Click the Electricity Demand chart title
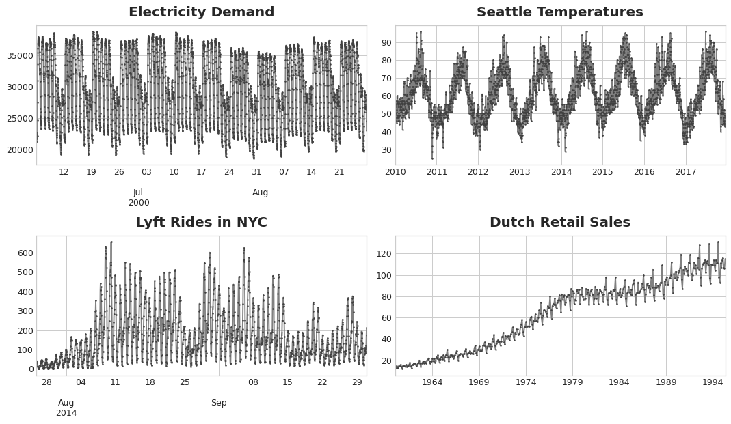click(x=201, y=12)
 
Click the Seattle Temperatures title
click(x=559, y=12)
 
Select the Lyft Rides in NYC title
click(x=201, y=223)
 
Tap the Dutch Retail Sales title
click(x=559, y=223)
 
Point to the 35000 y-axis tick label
click(x=18, y=56)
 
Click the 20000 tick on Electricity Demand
click(x=18, y=150)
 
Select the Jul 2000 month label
click(x=138, y=197)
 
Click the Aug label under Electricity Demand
click(x=260, y=193)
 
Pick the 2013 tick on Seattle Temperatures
click(x=520, y=172)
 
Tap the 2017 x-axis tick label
click(x=686, y=172)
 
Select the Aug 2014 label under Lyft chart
click(x=66, y=408)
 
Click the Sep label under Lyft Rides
click(x=219, y=403)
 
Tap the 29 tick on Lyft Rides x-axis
click(x=357, y=382)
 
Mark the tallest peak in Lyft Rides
click(x=111, y=242)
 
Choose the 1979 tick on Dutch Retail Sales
click(x=572, y=382)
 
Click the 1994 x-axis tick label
click(x=713, y=382)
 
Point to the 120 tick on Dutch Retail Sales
click(x=383, y=254)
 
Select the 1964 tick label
click(x=432, y=382)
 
